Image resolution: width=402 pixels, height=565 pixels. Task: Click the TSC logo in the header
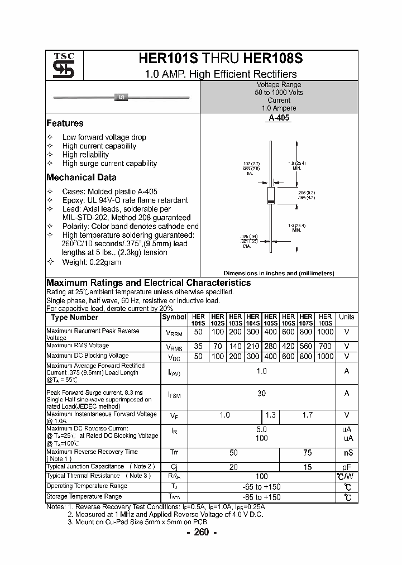click(64, 65)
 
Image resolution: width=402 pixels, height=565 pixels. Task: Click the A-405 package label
click(279, 118)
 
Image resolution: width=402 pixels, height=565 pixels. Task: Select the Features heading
click(65, 123)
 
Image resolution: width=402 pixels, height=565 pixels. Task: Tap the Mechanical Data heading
click(82, 178)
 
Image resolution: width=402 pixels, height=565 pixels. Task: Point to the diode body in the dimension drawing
click(271, 195)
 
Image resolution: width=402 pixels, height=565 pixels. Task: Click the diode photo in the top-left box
click(121, 98)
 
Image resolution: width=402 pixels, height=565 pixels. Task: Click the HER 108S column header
click(326, 320)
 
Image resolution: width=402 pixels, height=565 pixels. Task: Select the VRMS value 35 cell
click(198, 346)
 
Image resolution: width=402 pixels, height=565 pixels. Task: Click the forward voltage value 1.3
click(271, 415)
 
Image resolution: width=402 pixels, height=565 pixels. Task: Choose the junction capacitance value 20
click(233, 466)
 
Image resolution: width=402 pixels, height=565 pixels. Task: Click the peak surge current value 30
click(261, 393)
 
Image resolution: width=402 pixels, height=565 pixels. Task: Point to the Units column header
click(347, 317)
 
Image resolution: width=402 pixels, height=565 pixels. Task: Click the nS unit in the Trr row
click(347, 453)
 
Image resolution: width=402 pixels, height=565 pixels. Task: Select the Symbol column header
click(174, 317)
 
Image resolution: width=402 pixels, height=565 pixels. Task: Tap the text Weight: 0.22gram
click(91, 262)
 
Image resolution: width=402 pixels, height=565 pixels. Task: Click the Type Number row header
click(75, 318)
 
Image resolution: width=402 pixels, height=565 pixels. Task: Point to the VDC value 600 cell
click(289, 356)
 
